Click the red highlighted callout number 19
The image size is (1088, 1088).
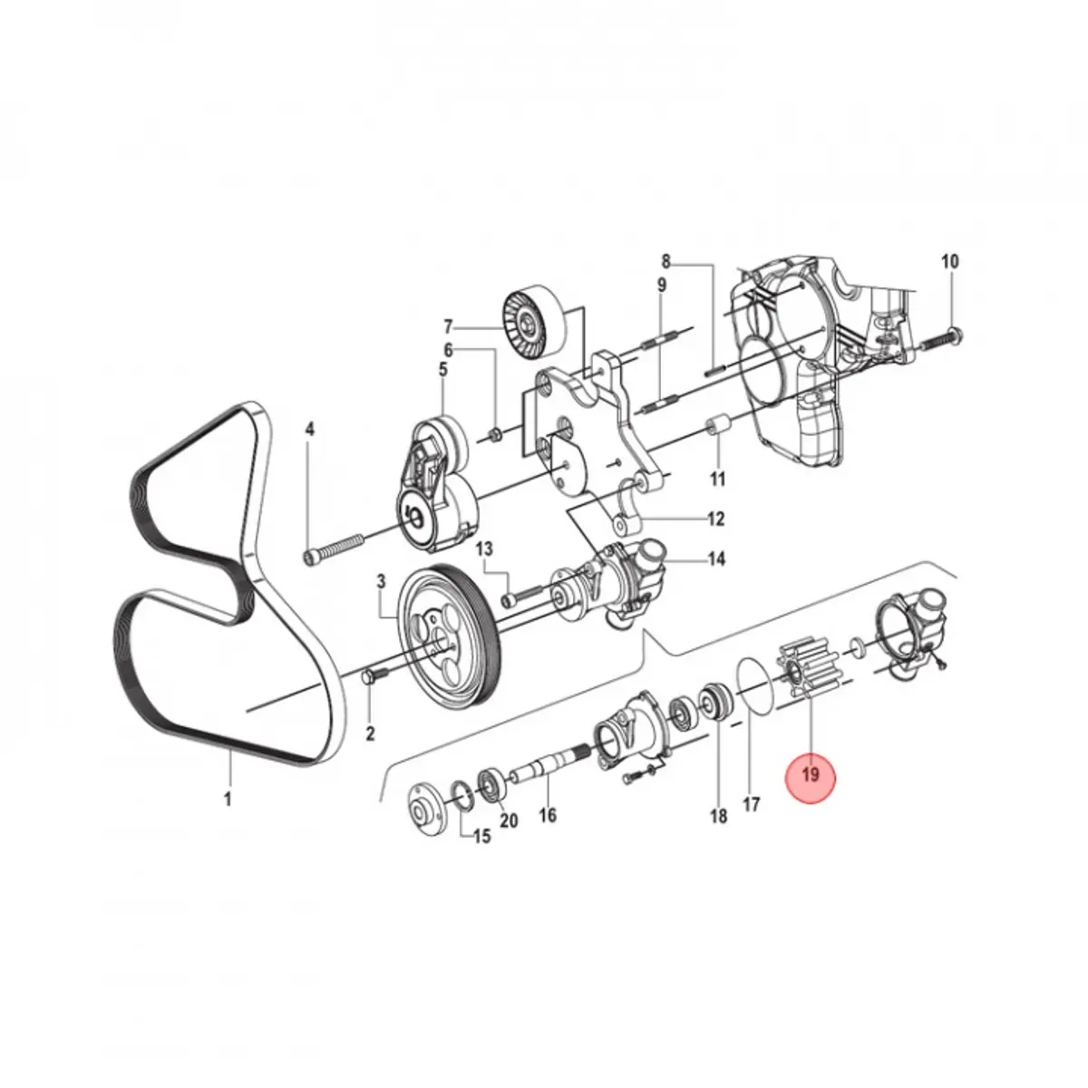tap(810, 774)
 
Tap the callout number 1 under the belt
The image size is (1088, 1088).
tap(228, 800)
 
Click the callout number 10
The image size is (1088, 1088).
tap(949, 261)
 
